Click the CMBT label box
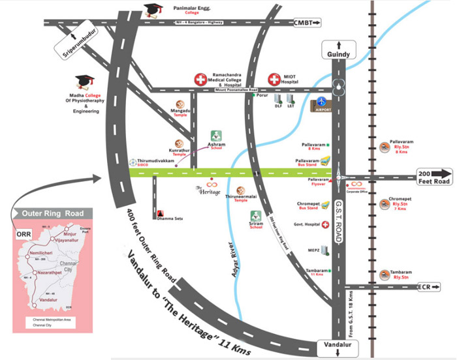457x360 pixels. (307, 23)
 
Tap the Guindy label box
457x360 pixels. (339, 54)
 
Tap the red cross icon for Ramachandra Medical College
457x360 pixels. (200, 80)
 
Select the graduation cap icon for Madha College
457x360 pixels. (84, 82)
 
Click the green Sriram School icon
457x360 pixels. (256, 215)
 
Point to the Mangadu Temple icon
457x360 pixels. (180, 104)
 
